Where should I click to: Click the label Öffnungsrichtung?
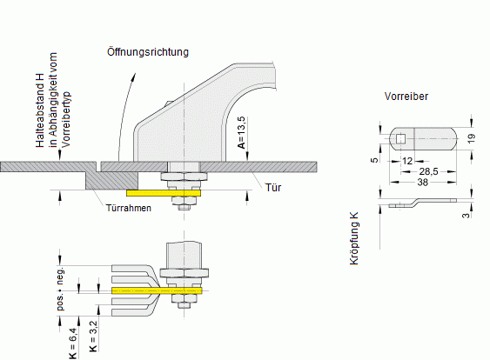click(x=149, y=52)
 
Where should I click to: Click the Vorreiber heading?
click(x=406, y=97)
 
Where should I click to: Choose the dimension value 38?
click(x=421, y=183)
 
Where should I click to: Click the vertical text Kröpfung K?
click(x=355, y=237)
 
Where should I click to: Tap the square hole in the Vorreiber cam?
click(x=400, y=137)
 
